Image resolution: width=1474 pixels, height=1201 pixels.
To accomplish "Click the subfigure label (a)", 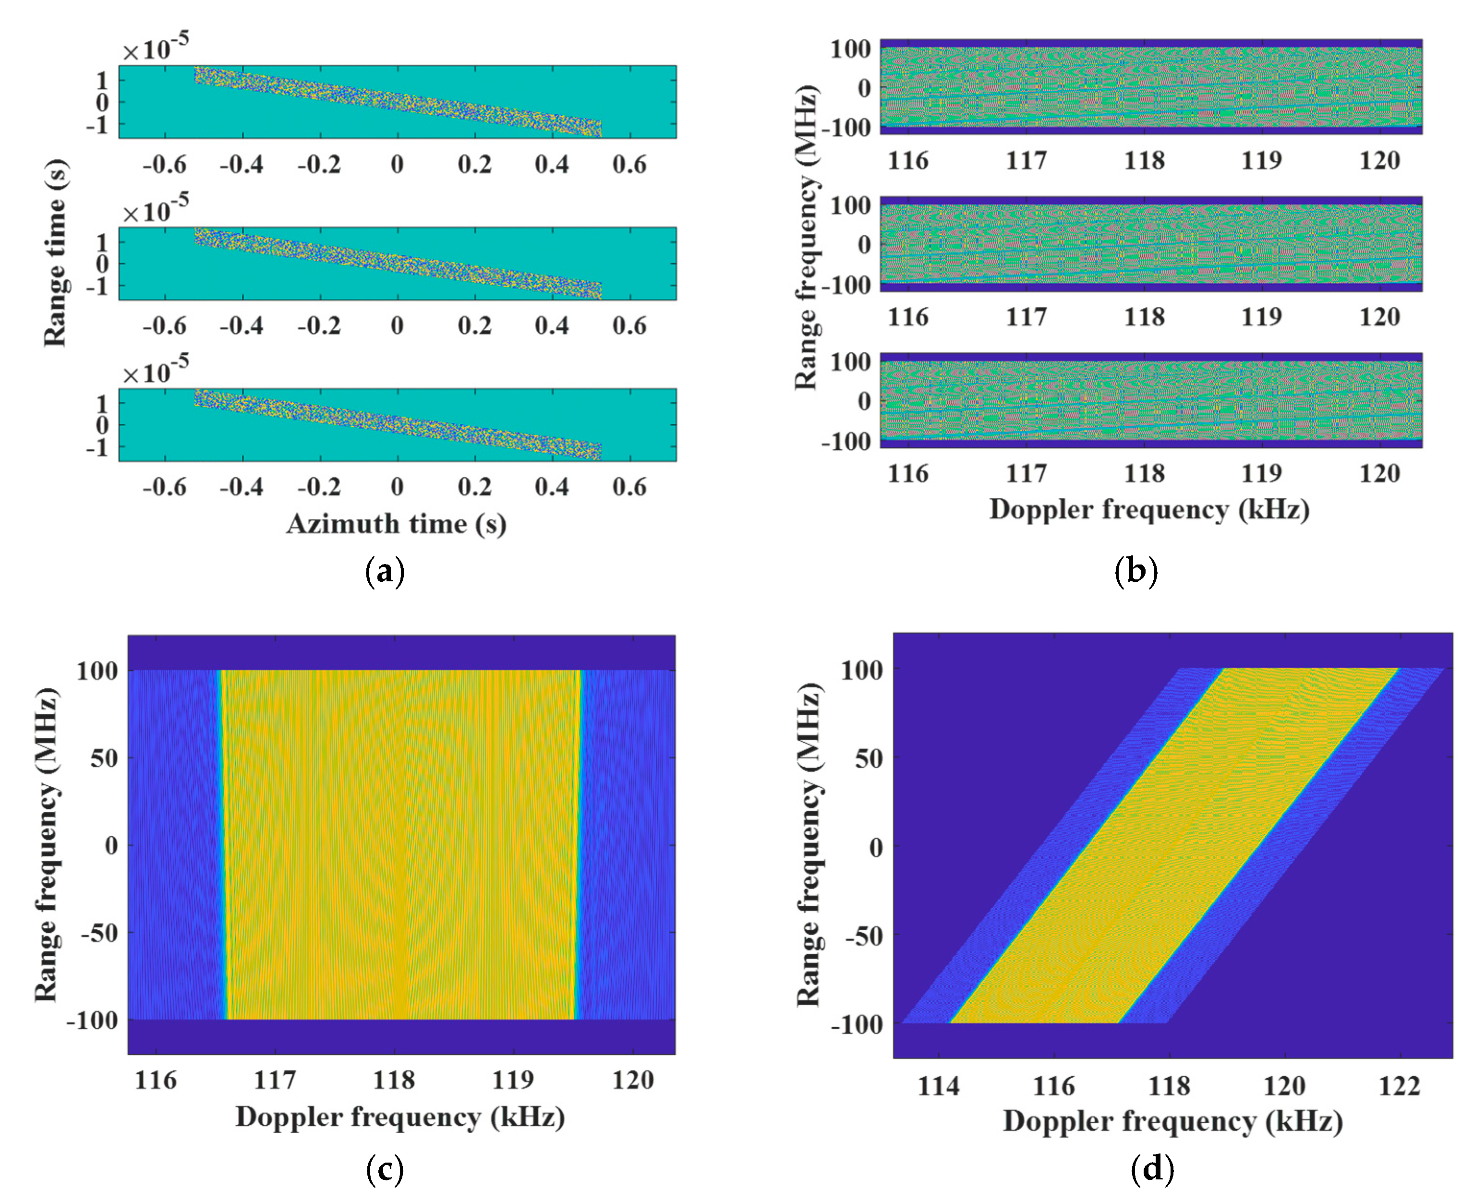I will coord(384,572).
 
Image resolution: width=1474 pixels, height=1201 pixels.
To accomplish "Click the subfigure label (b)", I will coord(1136,572).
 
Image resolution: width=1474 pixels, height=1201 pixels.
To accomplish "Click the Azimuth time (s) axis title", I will coord(397,524).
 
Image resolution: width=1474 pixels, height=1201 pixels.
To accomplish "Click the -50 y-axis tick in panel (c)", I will coord(98,933).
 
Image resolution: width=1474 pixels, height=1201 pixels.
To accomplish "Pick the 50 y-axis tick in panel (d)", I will coord(869,758).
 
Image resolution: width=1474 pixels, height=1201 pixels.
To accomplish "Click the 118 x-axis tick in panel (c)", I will coord(394,1079).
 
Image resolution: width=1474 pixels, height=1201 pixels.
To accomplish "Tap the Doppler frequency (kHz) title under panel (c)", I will coord(400,1117).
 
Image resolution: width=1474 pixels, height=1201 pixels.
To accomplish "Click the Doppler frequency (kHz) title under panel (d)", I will coord(1172,1121).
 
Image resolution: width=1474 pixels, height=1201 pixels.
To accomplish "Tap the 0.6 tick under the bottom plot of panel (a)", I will coord(629,487).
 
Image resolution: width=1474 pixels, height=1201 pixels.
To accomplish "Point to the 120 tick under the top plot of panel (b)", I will coord(1379,160).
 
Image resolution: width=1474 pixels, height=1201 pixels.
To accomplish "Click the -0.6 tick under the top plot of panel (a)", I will coord(164,165).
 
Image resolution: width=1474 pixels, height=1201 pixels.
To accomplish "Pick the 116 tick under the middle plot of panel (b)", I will coord(908,317).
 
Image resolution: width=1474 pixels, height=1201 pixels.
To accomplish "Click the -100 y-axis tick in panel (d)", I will coord(857,1024).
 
